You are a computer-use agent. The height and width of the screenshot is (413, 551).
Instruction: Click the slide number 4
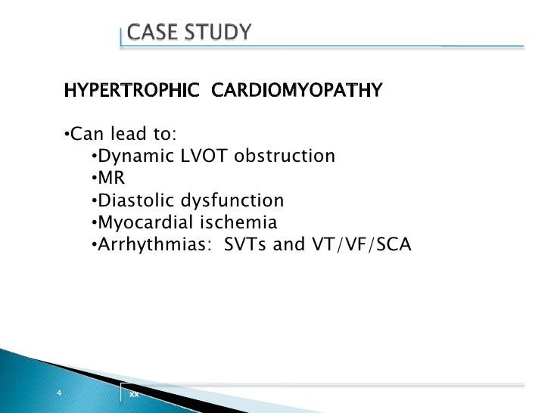click(58, 393)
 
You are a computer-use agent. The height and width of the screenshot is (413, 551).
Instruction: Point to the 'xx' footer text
click(134, 395)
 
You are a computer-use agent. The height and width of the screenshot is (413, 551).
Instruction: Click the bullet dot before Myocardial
click(93, 222)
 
